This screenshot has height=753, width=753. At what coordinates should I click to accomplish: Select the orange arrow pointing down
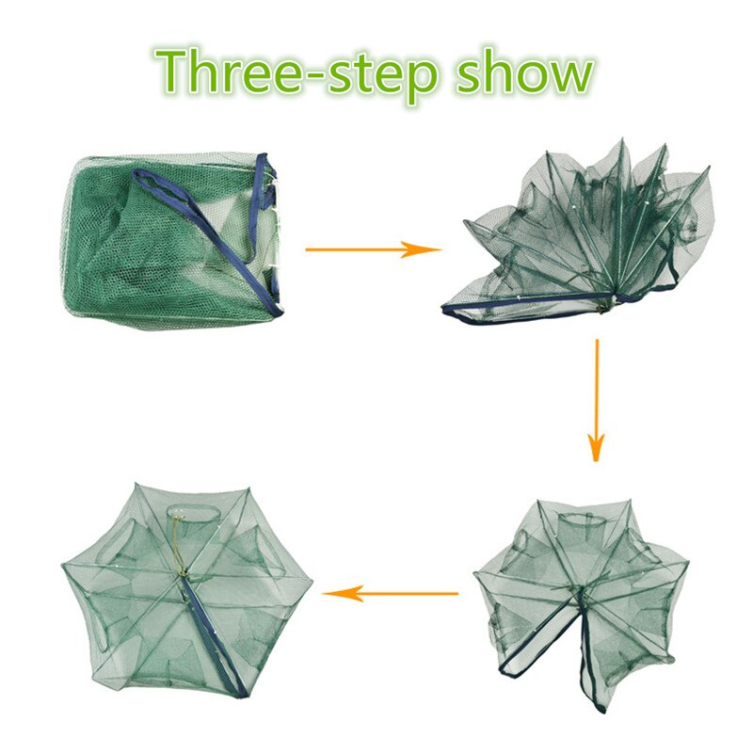[x=596, y=401]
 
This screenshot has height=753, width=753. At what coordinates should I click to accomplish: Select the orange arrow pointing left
[x=390, y=594]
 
